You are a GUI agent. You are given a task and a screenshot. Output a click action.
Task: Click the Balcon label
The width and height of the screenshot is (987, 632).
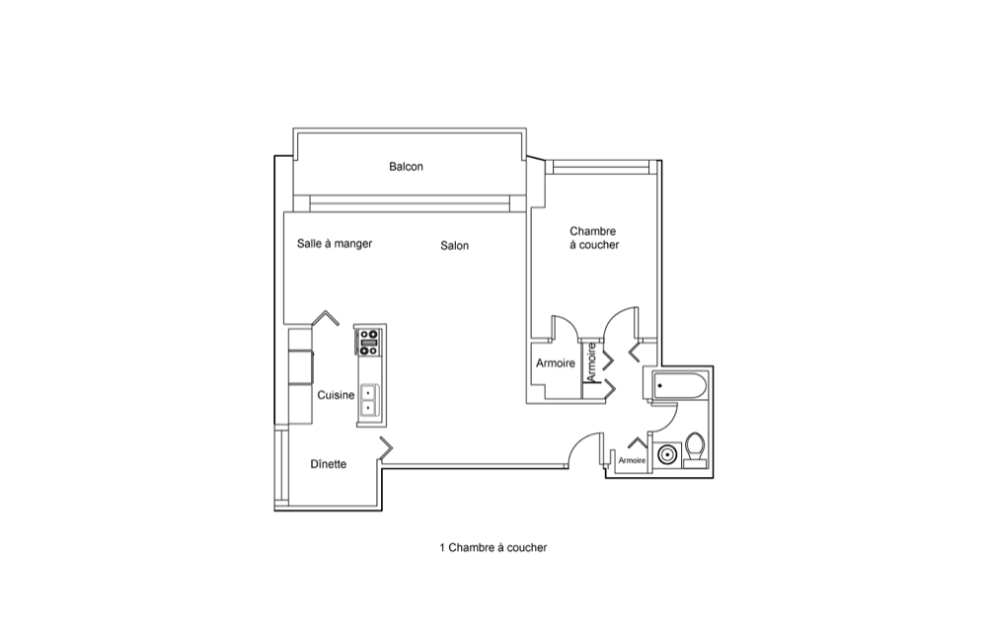[406, 167]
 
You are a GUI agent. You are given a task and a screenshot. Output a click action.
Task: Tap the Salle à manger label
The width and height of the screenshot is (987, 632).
[335, 244]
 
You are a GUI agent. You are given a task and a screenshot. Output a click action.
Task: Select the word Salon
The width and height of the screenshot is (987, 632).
[454, 246]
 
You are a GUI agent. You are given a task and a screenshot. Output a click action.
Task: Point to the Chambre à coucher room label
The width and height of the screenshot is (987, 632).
[594, 238]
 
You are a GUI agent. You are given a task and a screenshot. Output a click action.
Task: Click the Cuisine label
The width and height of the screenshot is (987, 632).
[336, 395]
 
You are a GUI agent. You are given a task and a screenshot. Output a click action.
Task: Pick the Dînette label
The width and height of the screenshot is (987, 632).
[328, 464]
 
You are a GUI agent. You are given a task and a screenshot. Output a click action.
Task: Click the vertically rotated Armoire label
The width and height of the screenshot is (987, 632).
[590, 361]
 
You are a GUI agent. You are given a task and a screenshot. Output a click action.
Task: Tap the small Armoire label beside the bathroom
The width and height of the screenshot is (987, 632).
[632, 460]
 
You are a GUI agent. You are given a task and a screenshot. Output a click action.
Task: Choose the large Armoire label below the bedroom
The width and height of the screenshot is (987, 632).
[555, 363]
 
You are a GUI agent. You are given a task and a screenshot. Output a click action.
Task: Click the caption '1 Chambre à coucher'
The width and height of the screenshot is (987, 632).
[493, 548]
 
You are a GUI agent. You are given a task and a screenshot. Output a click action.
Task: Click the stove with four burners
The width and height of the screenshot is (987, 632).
[369, 342]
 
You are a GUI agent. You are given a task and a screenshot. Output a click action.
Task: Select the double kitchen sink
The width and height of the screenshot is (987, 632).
[369, 400]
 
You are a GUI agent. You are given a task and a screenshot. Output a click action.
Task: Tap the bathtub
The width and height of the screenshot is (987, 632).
[680, 385]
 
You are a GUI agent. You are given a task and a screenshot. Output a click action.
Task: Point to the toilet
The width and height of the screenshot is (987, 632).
[695, 449]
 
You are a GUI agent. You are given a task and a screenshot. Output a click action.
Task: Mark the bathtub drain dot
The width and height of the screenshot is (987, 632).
[659, 385]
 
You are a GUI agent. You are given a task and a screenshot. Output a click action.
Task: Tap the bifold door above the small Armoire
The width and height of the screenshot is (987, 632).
[638, 441]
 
